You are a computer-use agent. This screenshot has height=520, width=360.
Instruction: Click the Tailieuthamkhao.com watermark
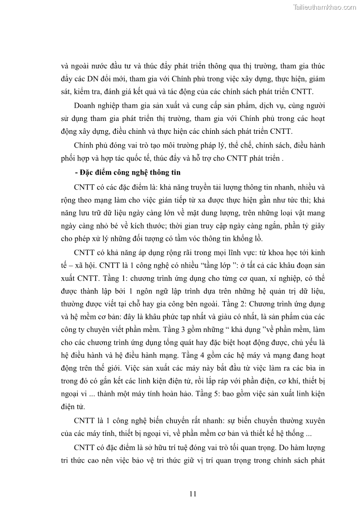click(x=324, y=7)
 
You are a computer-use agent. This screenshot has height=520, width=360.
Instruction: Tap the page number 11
click(x=193, y=494)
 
